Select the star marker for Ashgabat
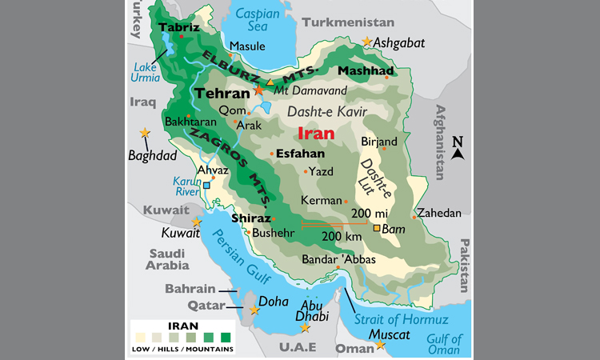[x=367, y=42]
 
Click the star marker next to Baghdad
[x=144, y=133]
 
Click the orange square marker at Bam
[x=378, y=229]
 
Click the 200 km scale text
[x=342, y=238]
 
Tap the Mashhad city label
[x=366, y=71]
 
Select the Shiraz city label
[x=250, y=218]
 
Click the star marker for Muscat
[x=380, y=345]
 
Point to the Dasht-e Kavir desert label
[x=320, y=111]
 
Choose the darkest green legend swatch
[x=226, y=337]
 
